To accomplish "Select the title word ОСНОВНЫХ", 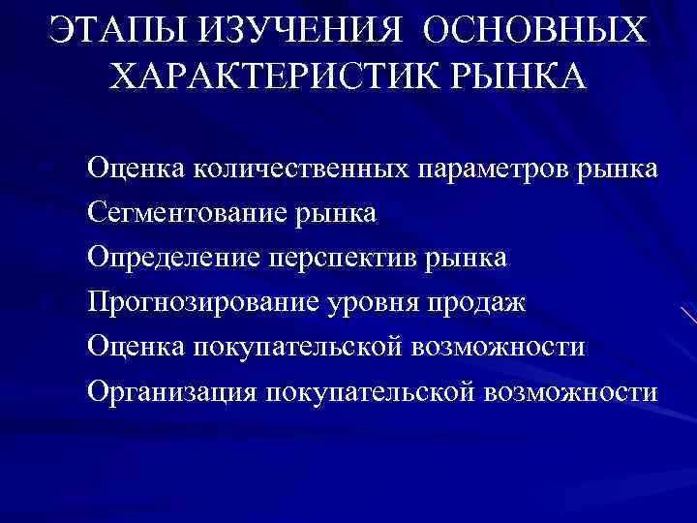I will (531, 29).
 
